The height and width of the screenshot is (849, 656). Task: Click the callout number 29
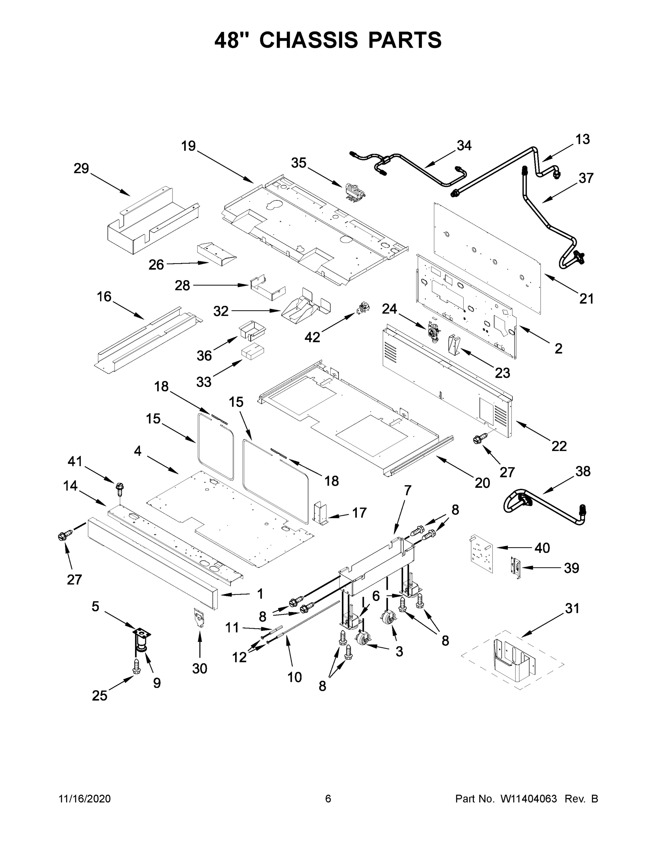tap(81, 168)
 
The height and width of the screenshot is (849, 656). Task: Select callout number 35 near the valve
tap(298, 163)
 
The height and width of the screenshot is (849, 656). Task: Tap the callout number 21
tap(586, 299)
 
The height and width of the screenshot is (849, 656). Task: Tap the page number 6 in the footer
tap(328, 798)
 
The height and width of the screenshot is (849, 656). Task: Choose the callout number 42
tap(312, 337)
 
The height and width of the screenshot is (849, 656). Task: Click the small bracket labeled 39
tap(516, 568)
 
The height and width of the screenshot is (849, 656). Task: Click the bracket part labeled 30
tap(200, 617)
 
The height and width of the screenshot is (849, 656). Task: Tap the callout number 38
tap(582, 471)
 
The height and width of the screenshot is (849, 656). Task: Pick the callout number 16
tap(104, 296)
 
